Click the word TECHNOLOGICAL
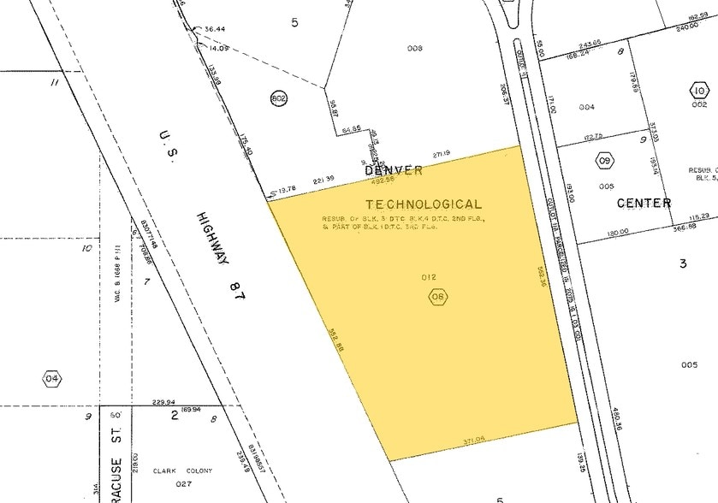point(424,204)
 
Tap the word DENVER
point(394,170)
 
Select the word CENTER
point(644,204)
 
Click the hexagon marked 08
point(439,297)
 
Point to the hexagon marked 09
point(606,160)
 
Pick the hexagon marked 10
point(699,91)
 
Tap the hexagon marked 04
point(52,378)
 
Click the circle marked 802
point(278,98)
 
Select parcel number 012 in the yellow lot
point(430,277)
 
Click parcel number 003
point(415,49)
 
